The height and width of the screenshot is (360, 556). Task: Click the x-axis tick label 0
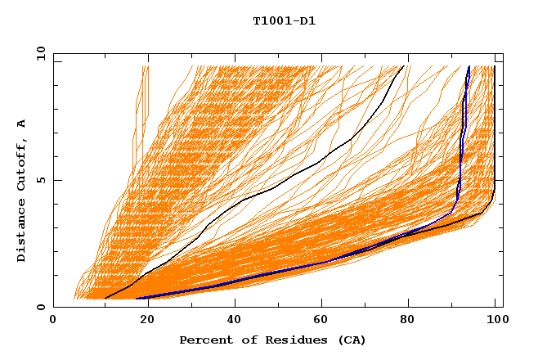tap(53, 322)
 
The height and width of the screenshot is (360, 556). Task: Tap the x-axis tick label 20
tap(146, 322)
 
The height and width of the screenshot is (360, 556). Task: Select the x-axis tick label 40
tap(235, 322)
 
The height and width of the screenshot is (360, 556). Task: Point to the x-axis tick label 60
tap(323, 322)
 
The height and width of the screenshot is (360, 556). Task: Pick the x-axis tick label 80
tap(411, 322)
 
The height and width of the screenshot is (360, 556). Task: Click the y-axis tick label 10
tap(40, 53)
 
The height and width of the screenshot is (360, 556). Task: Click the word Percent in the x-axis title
tap(204, 340)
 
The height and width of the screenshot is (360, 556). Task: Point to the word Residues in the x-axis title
tap(288, 340)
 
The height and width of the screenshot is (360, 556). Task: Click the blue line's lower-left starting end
tap(137, 298)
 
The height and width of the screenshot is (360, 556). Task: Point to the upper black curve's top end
tap(404, 66)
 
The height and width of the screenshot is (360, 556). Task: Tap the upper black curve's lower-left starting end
tap(105, 298)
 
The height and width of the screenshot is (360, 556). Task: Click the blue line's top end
tap(469, 66)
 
